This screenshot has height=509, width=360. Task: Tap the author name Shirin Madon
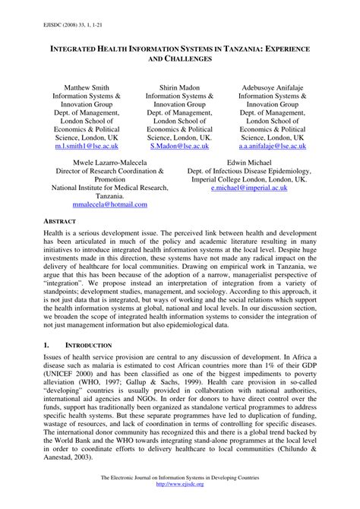pos(180,88)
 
